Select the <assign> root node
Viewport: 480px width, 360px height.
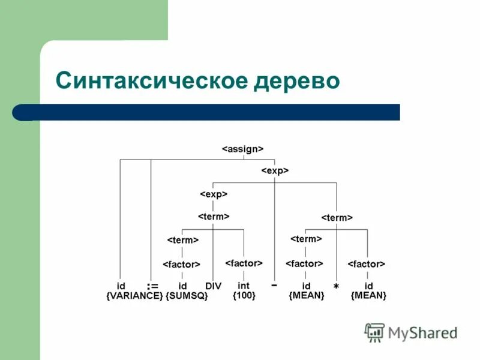pyautogui.click(x=243, y=148)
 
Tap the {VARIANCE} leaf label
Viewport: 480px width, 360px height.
pyautogui.click(x=134, y=296)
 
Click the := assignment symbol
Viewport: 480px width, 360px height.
pyautogui.click(x=152, y=286)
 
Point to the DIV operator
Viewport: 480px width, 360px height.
pyautogui.click(x=214, y=286)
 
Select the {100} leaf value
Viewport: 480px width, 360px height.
pyautogui.click(x=244, y=296)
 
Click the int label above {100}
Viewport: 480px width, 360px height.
pyautogui.click(x=244, y=286)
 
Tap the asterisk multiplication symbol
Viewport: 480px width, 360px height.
pyautogui.click(x=336, y=288)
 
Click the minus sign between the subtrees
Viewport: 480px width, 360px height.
pyautogui.click(x=274, y=286)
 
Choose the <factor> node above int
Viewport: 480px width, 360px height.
pyautogui.click(x=244, y=263)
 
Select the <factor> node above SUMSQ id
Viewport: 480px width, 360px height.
pyautogui.click(x=181, y=264)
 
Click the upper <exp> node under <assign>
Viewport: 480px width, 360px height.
pyautogui.click(x=275, y=171)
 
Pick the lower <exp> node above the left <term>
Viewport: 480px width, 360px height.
pyautogui.click(x=214, y=194)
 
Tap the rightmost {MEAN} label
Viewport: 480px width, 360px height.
pyautogui.click(x=368, y=296)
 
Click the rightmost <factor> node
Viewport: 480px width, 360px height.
pyautogui.click(x=367, y=264)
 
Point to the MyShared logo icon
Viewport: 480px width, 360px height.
pyautogui.click(x=375, y=332)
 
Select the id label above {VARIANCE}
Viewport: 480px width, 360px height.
pyautogui.click(x=121, y=286)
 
